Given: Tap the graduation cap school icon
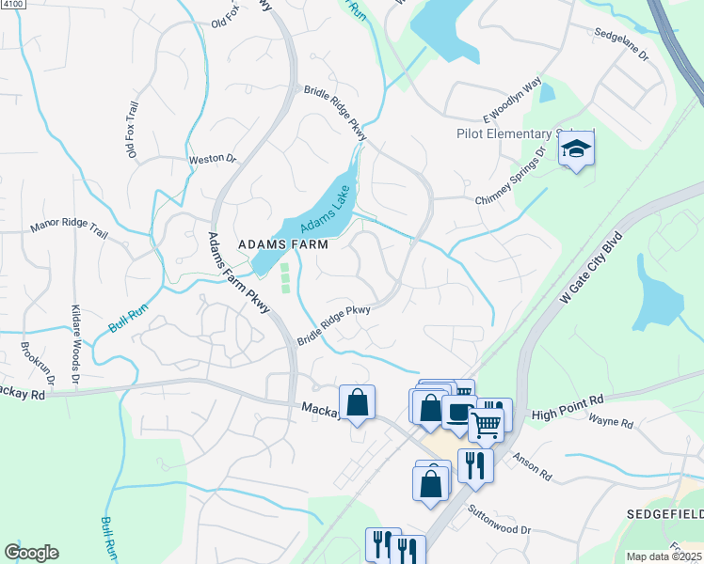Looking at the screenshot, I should [576, 149].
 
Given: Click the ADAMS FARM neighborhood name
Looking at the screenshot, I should [283, 243].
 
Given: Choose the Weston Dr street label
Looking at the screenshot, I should [212, 160].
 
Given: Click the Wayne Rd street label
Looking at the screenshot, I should [610, 421].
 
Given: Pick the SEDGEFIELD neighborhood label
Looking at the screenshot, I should [664, 515].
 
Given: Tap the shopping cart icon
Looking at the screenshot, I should [486, 423].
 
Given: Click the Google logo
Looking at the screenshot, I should [31, 553].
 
